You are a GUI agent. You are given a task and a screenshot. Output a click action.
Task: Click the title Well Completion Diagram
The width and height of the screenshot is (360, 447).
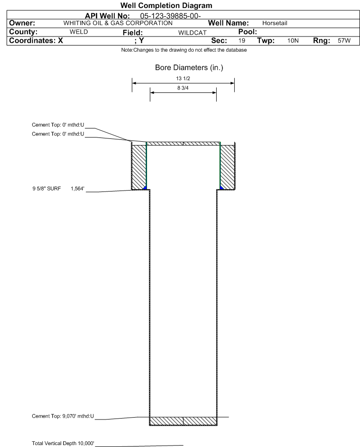tap(166, 5)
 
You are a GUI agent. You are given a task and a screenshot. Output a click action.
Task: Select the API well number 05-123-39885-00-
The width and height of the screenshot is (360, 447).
tap(170, 16)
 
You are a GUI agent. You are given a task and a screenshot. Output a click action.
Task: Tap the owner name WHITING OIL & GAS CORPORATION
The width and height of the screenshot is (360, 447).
tap(118, 23)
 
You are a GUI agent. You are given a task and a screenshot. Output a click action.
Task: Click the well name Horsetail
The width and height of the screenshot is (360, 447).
tap(275, 23)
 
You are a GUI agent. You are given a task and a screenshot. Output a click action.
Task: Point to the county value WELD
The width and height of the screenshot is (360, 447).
tap(79, 32)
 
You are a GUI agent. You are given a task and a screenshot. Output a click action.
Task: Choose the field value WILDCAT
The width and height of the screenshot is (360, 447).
tap(192, 33)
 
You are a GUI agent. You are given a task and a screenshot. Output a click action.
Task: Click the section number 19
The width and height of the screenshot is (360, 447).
tap(241, 40)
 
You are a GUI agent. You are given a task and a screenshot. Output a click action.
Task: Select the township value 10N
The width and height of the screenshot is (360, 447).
tap(293, 40)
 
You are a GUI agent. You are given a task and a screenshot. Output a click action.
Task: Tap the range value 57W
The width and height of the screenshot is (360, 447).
tap(344, 40)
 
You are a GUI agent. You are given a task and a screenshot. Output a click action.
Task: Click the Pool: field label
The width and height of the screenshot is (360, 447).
tap(248, 32)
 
